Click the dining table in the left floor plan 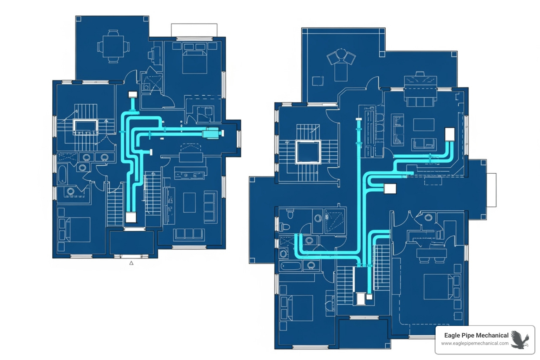113,46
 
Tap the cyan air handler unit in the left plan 212,133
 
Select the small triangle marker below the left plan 131,263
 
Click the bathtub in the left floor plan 62,174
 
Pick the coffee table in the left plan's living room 189,202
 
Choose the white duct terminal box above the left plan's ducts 132,94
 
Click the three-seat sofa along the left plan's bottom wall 189,233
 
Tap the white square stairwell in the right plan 308,152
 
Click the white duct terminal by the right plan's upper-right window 450,134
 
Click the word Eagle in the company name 452,335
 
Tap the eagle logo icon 520,339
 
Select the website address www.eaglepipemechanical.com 475,343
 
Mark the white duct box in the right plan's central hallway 390,189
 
